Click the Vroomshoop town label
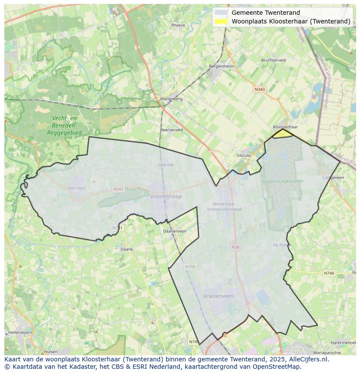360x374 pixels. [166, 196]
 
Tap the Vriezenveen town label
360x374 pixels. [218, 296]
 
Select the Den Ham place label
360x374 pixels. [77, 188]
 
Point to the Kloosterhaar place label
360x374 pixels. [285, 127]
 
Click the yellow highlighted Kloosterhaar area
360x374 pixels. [283, 134]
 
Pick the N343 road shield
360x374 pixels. [260, 89]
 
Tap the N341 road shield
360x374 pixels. [118, 189]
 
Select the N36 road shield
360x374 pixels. [235, 247]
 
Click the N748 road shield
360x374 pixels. [329, 273]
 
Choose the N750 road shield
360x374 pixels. [190, 267]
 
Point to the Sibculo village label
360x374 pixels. [243, 155]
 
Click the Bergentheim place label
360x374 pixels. [221, 66]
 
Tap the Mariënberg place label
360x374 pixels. [171, 99]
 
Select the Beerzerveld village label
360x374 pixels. [171, 130]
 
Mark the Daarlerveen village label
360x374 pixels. [174, 231]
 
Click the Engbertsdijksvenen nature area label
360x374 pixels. [282, 181]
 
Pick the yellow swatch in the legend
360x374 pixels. [221, 21]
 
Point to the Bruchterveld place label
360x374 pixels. [273, 60]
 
